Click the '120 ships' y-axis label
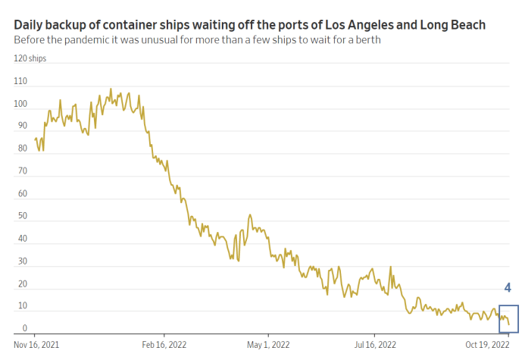click(x=30, y=58)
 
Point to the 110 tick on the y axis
click(x=20, y=81)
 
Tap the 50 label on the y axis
click(x=23, y=216)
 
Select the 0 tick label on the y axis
click(x=25, y=328)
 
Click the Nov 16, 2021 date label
click(x=36, y=345)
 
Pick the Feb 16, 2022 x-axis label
click(x=164, y=345)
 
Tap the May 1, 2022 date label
click(x=268, y=345)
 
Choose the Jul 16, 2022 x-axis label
click(x=375, y=345)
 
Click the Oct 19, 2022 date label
click(x=487, y=345)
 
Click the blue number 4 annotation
click(x=508, y=288)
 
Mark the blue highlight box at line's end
click(x=499, y=319)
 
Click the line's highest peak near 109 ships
click(x=111, y=89)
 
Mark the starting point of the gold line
click(x=35, y=139)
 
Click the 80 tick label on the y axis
click(x=23, y=148)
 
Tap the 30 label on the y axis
click(x=23, y=261)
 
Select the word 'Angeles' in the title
click(x=370, y=26)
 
